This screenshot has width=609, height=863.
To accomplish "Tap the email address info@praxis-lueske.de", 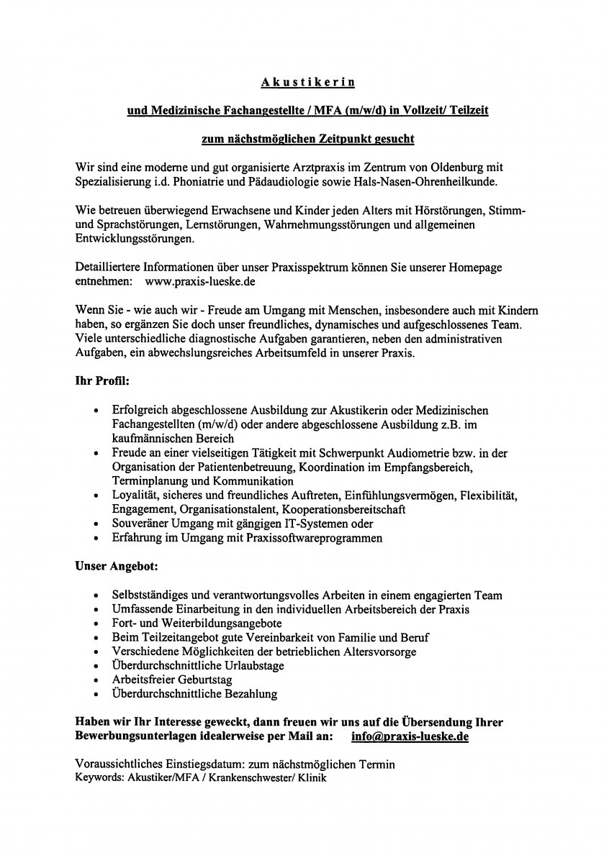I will (x=410, y=736).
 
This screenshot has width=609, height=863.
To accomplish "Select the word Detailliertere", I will (x=108, y=268).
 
